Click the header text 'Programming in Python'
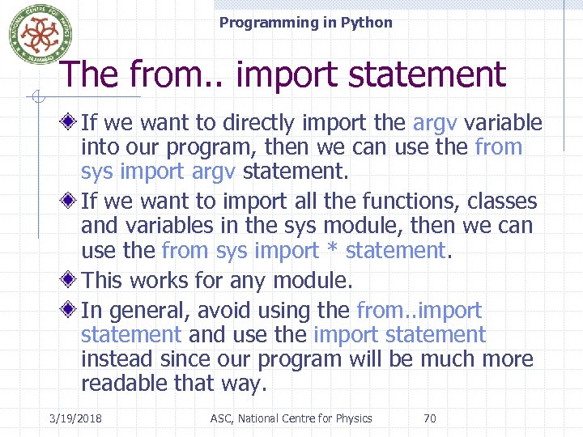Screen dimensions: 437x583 click(x=305, y=23)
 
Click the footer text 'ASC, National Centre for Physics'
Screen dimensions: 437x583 click(x=291, y=418)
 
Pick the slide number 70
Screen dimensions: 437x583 click(x=430, y=418)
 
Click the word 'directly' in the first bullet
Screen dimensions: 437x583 click(x=264, y=123)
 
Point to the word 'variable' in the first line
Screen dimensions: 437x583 click(x=503, y=123)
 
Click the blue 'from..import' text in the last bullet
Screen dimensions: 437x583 click(x=419, y=311)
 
